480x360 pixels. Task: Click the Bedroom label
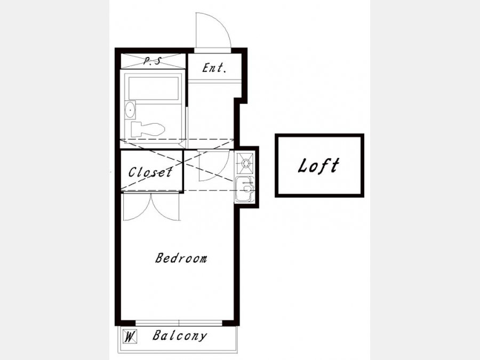click(181, 258)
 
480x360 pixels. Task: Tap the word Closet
click(150, 172)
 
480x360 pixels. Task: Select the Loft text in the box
click(319, 166)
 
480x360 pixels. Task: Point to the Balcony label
click(180, 336)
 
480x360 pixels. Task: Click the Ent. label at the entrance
click(214, 68)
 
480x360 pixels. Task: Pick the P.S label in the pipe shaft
click(152, 61)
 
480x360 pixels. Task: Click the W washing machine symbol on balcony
click(130, 337)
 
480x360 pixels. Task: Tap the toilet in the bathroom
click(148, 129)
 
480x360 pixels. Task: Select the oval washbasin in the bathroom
click(130, 109)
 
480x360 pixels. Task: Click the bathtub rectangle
click(154, 88)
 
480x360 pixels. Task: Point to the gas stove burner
click(245, 163)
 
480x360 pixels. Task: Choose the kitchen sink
click(245, 189)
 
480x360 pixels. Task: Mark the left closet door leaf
click(137, 207)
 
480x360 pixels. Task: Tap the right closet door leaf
click(165, 207)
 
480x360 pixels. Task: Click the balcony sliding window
click(179, 323)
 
